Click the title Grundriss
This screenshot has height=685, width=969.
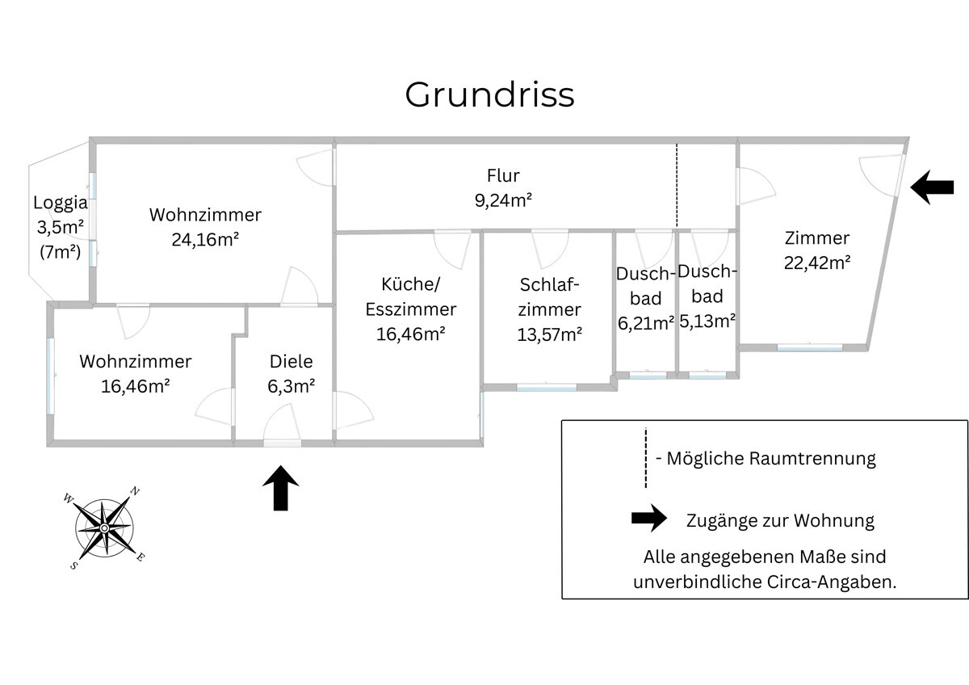click(489, 95)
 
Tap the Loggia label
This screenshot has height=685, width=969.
click(61, 203)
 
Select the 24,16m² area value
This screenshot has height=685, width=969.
click(205, 239)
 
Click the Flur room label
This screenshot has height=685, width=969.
click(503, 175)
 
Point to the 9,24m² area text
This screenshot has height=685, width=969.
click(503, 200)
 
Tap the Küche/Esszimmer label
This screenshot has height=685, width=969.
click(411, 296)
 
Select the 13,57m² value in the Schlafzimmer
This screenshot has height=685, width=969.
click(550, 334)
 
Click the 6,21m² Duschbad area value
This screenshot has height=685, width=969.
click(646, 324)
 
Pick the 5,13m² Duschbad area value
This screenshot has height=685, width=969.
click(707, 321)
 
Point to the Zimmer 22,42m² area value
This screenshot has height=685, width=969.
click(817, 263)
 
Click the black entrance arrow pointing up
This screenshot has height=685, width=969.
click(281, 488)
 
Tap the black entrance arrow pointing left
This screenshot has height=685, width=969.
click(932, 187)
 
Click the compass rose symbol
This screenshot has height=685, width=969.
click(104, 527)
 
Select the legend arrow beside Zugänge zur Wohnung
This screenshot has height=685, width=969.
click(649, 519)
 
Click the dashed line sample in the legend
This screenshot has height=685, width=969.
click(646, 458)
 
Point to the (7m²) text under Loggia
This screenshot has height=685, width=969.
click(61, 251)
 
